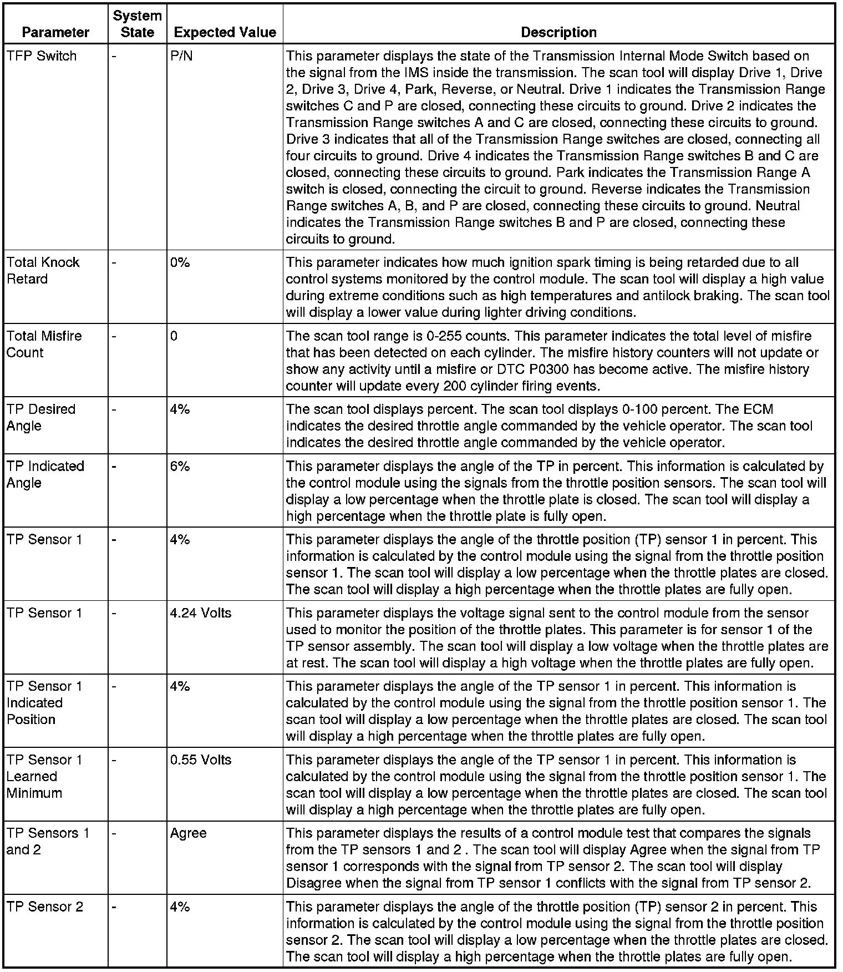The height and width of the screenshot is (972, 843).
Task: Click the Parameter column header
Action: [55, 32]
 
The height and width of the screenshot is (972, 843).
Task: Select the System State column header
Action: [137, 24]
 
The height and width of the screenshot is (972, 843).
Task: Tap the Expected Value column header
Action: [225, 32]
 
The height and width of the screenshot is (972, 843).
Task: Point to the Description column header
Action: [558, 32]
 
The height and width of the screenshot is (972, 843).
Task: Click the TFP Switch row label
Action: [42, 56]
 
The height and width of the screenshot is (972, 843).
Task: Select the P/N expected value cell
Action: [181, 56]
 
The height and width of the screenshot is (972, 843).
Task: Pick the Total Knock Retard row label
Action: [43, 271]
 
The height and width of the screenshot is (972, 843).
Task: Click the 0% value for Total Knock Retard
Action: [180, 262]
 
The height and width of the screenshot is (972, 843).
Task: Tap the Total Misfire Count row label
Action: [44, 344]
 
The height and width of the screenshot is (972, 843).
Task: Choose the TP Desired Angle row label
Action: [40, 417]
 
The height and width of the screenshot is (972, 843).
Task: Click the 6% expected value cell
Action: [180, 466]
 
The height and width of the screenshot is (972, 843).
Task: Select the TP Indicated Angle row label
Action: [45, 474]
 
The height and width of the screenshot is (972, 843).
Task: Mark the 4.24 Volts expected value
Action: [201, 613]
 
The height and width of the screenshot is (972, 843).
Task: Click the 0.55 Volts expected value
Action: [201, 760]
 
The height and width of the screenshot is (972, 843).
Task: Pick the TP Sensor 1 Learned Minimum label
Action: [44, 776]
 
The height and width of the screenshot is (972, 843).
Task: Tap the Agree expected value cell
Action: [189, 833]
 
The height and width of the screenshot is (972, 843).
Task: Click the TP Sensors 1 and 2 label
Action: [47, 841]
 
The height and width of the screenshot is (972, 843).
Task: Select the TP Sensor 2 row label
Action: [45, 907]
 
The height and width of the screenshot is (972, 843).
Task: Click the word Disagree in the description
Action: [313, 883]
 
